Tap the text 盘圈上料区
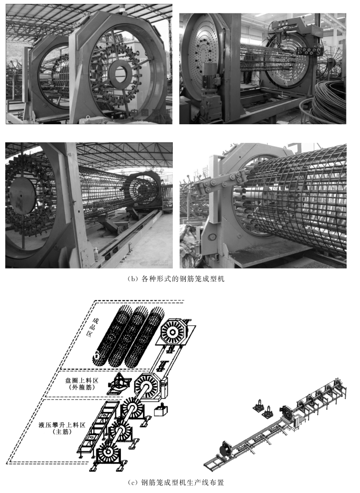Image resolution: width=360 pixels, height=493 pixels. [x=82, y=380]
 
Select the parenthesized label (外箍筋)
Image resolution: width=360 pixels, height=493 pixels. [x=82, y=388]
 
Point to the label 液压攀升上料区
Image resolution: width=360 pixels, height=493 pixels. [x=62, y=425]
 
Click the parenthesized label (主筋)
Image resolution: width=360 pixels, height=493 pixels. [x=62, y=432]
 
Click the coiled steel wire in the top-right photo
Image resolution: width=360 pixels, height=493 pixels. [x=329, y=101]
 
